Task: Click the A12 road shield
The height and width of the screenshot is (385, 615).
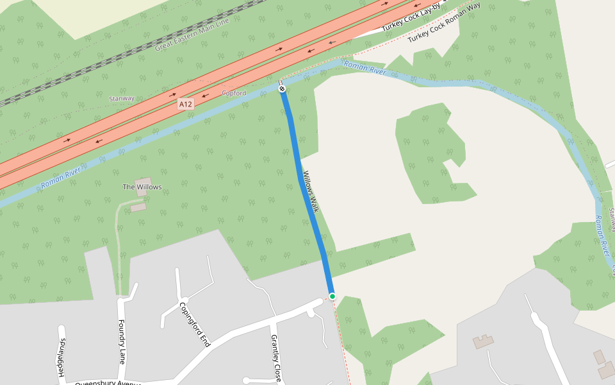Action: pos(186,104)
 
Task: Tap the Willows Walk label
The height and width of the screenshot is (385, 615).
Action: pos(311,191)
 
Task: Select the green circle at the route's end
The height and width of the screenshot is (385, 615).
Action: pos(332,296)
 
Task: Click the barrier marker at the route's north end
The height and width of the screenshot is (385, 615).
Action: pos(282,89)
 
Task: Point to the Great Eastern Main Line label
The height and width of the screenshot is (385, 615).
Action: pos(192,35)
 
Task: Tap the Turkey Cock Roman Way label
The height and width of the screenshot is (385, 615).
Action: pos(444,23)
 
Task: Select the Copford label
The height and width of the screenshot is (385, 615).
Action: pos(234,93)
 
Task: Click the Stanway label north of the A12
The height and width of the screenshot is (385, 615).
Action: pos(122,98)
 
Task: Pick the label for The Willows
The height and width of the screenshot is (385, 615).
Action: pos(142,187)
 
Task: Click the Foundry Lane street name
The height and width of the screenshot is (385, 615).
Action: pos(122,340)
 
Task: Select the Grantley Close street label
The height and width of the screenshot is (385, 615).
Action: pos(276,357)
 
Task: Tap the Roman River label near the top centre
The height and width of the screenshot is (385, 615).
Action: pos(365,68)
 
